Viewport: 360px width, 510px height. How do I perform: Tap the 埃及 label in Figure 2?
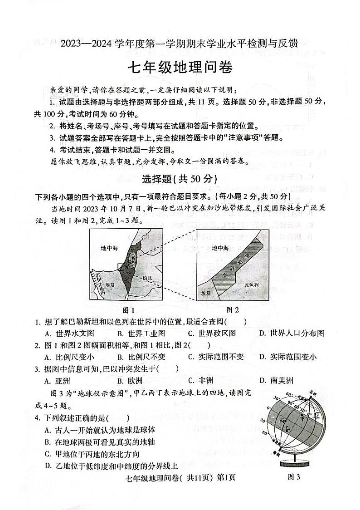(206, 293)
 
